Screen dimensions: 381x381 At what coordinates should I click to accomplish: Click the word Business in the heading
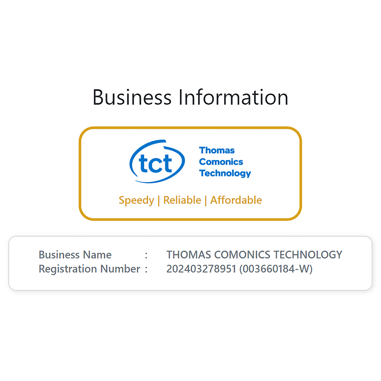(132, 97)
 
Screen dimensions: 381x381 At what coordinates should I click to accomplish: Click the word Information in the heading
(233, 97)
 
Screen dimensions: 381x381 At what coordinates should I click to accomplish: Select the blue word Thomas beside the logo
(217, 150)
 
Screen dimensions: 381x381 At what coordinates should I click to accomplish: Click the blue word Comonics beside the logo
(221, 162)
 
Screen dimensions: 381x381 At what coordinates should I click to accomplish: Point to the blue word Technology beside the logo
(225, 173)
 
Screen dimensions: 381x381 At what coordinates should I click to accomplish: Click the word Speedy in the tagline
(136, 200)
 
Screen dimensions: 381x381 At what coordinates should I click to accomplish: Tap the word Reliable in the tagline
(182, 200)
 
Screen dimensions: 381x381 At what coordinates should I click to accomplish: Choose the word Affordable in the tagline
(236, 200)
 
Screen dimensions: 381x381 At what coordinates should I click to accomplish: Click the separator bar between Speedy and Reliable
(159, 200)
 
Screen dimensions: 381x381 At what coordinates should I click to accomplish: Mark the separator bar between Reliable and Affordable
(206, 200)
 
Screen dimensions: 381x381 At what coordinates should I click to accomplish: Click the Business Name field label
(75, 255)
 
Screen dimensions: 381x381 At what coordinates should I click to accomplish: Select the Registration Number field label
(89, 269)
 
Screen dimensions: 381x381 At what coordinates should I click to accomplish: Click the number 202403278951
(201, 269)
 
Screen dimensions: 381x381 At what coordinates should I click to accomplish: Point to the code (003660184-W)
(276, 269)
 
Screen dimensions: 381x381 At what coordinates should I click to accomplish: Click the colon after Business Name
(146, 255)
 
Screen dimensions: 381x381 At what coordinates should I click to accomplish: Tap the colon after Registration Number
(146, 269)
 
